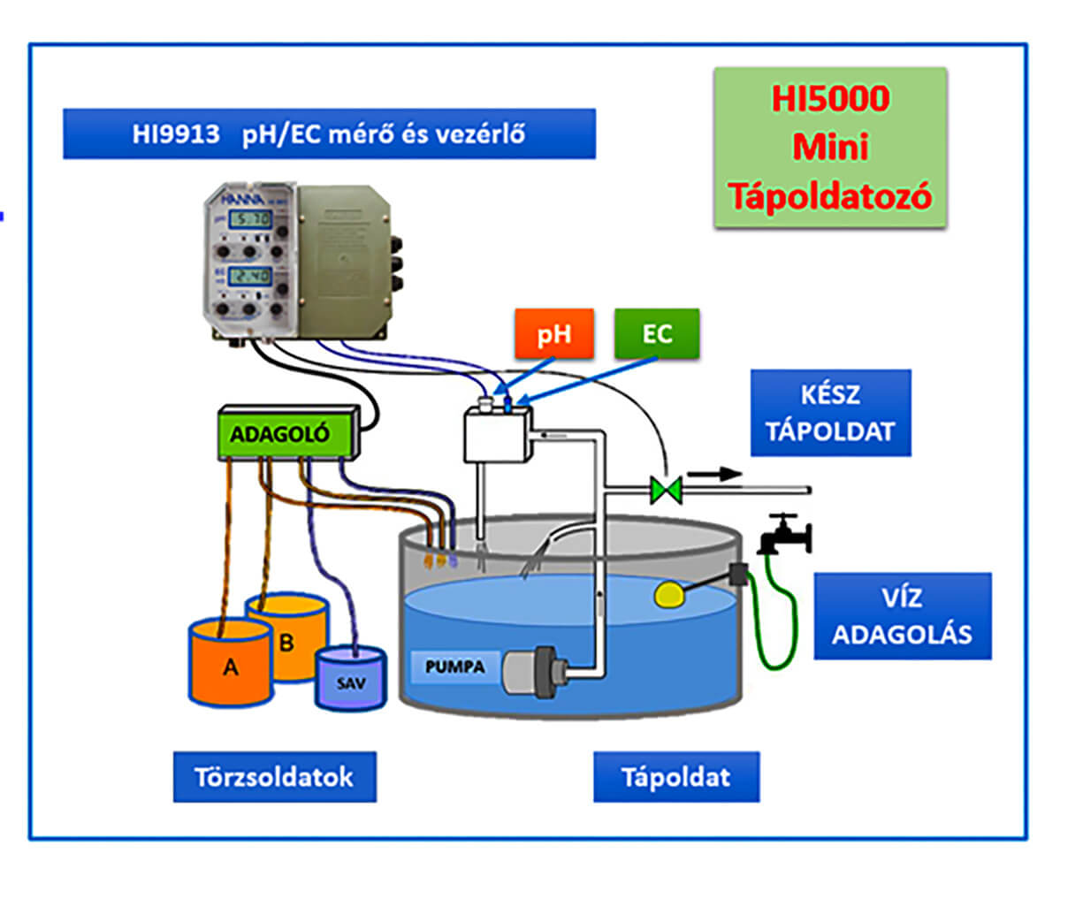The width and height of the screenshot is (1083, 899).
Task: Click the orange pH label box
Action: click(x=553, y=333)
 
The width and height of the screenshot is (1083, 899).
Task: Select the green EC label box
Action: click(x=656, y=333)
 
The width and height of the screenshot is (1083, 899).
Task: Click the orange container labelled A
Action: click(x=231, y=664)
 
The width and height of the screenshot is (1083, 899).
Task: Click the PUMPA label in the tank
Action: click(x=455, y=667)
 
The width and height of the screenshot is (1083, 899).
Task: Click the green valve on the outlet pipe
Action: click(x=665, y=489)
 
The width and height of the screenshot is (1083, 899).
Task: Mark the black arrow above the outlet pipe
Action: click(x=714, y=474)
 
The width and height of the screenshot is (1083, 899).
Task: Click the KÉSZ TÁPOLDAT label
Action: click(x=830, y=413)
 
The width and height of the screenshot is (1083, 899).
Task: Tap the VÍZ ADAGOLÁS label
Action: click(x=902, y=616)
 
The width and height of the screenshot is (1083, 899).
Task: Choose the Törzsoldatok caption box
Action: click(x=274, y=777)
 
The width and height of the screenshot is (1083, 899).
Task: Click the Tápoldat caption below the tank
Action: click(x=675, y=777)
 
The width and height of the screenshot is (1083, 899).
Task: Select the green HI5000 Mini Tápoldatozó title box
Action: click(x=830, y=148)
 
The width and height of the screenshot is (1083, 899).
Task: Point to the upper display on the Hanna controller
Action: click(x=249, y=218)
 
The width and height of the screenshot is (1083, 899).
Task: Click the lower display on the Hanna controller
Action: click(x=249, y=276)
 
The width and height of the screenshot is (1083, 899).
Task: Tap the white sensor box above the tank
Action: click(x=497, y=434)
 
